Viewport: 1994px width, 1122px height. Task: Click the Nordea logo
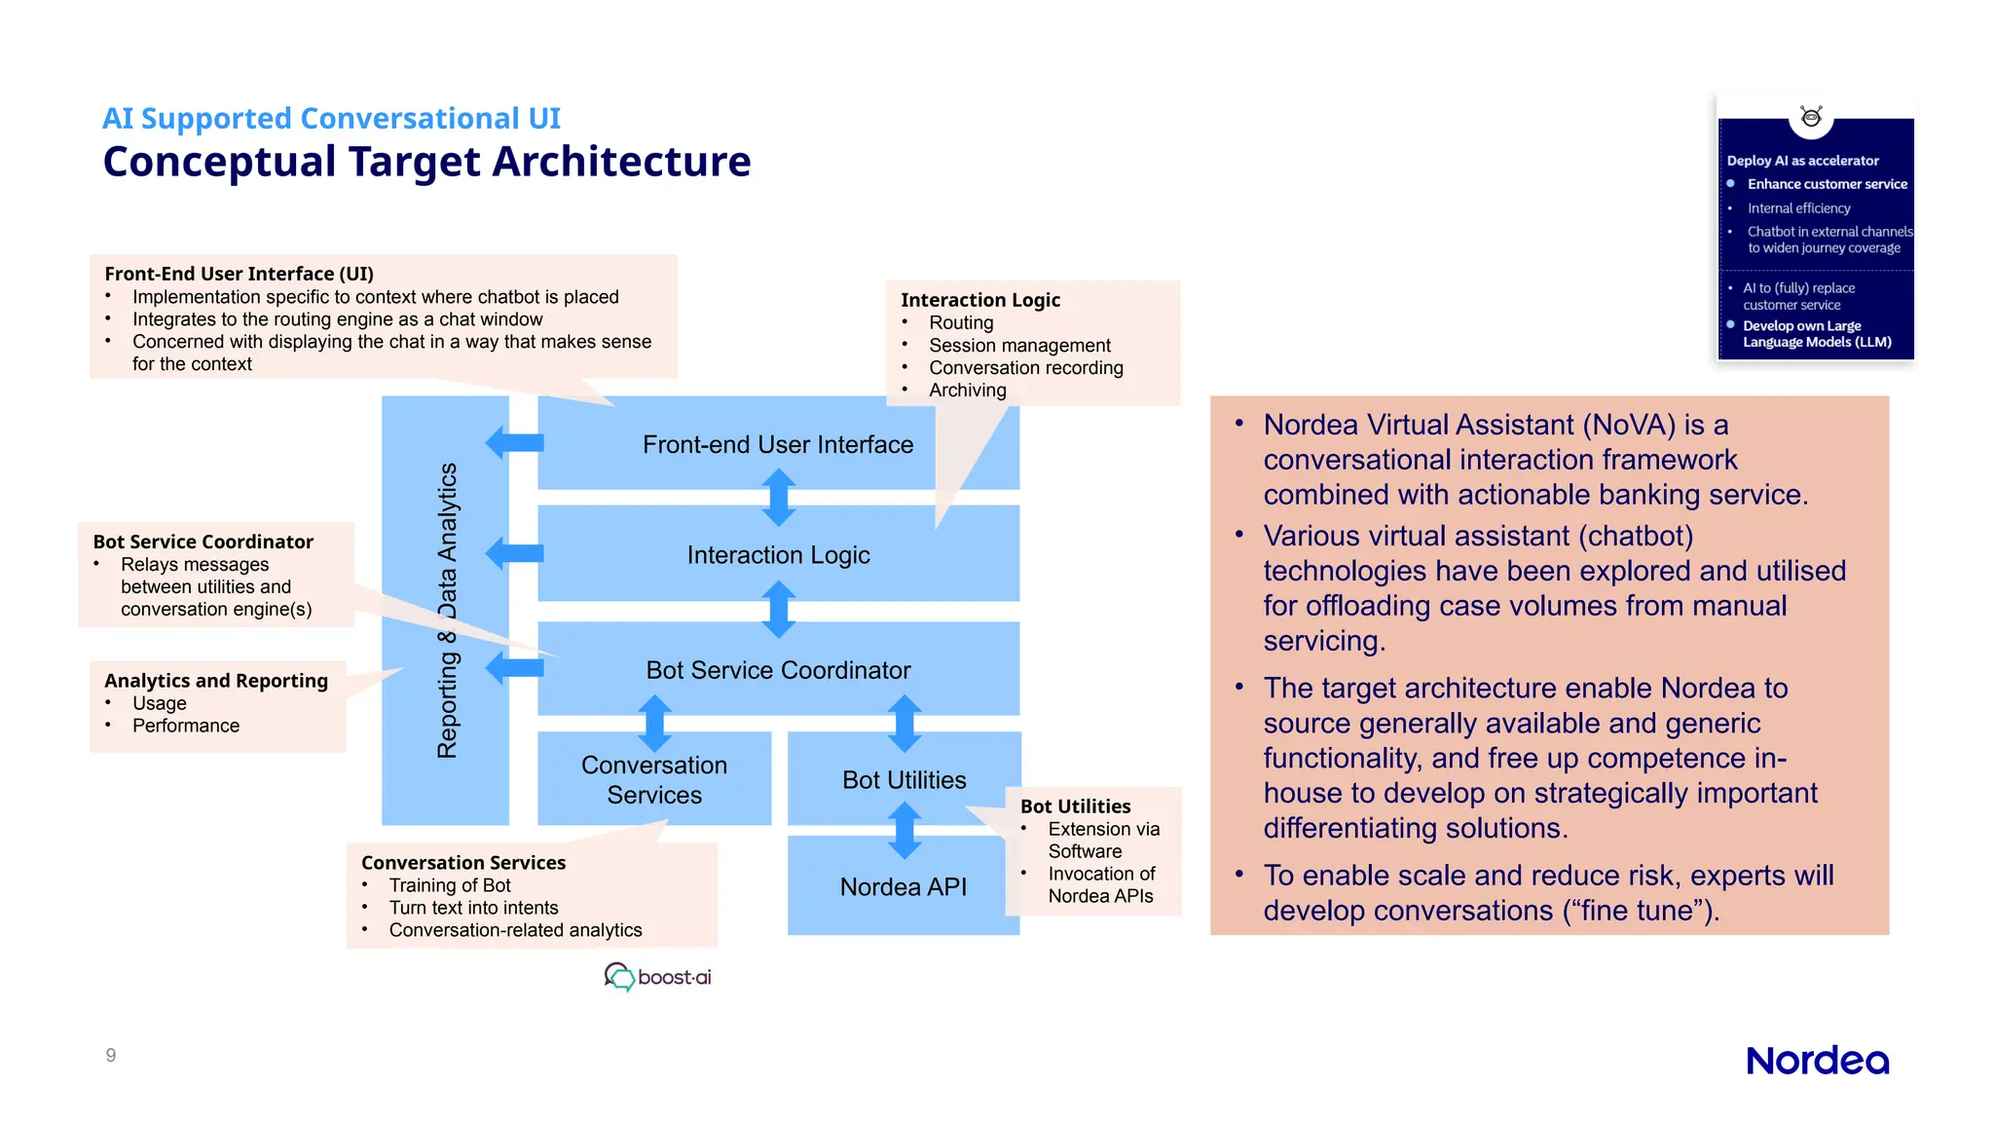coord(1817,1060)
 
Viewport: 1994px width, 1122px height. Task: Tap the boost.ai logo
coord(658,976)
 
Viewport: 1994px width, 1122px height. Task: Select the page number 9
coord(111,1055)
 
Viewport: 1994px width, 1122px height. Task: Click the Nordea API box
coord(903,886)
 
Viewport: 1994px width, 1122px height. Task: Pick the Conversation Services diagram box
coord(654,779)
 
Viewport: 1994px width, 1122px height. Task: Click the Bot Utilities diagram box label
coord(904,779)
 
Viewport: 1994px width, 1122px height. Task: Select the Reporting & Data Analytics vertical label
coord(447,610)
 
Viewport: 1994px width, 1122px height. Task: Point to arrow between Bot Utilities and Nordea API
coord(905,830)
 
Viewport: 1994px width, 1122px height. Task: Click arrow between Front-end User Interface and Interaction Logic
coord(778,497)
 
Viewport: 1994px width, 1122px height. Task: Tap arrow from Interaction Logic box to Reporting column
coord(514,553)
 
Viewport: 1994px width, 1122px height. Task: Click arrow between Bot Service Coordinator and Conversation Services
coord(654,723)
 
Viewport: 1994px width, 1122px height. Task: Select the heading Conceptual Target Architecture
coord(426,162)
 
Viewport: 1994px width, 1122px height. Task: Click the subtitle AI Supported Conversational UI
coord(331,118)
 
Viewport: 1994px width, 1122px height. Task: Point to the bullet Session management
coord(1019,345)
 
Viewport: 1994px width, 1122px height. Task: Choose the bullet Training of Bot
coord(450,884)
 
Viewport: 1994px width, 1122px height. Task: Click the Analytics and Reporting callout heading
coord(216,680)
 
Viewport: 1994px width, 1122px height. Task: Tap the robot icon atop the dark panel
coord(1811,118)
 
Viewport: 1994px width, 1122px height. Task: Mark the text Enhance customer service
coord(1827,183)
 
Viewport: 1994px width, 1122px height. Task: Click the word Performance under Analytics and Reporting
coord(186,725)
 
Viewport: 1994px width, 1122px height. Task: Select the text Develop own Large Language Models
coord(1816,333)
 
